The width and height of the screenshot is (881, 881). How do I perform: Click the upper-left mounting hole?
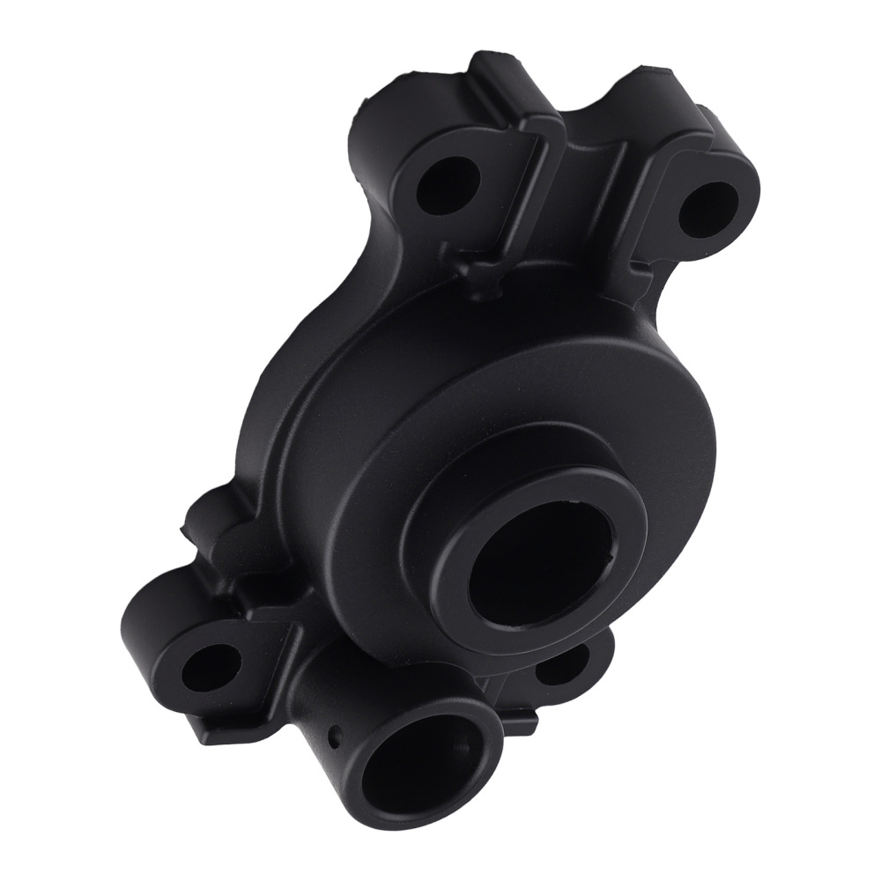[x=447, y=186]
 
